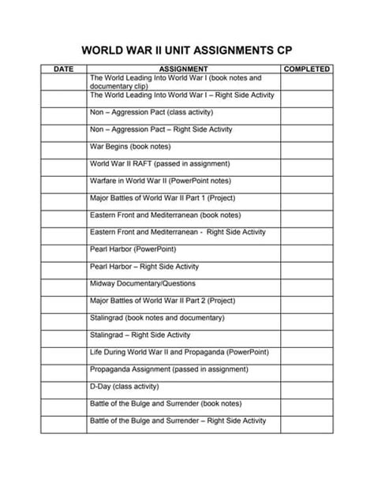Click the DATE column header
click(63, 69)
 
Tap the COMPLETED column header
click(306, 69)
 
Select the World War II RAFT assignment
click(160, 163)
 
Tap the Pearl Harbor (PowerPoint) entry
click(127, 249)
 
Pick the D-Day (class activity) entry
click(127, 386)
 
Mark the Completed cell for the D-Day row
click(306, 386)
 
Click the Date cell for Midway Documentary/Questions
click(63, 283)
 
